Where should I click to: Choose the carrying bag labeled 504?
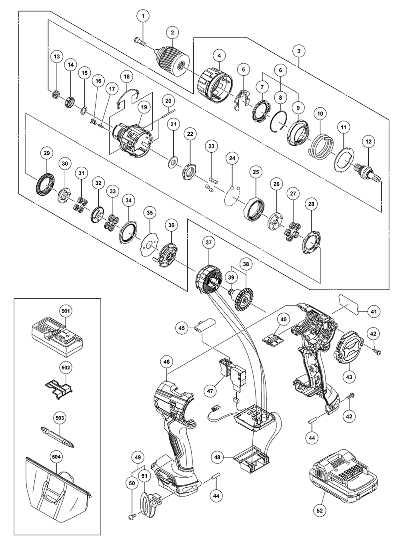[54, 494]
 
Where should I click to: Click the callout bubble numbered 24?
[232, 158]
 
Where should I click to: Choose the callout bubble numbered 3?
[299, 51]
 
